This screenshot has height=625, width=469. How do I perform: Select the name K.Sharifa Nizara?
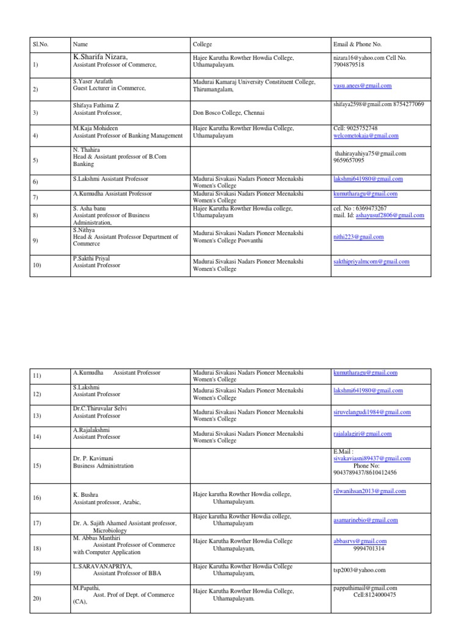[x=100, y=57]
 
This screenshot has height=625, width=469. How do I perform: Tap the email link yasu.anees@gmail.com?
[x=362, y=86]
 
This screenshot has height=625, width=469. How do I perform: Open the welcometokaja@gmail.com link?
[x=366, y=135]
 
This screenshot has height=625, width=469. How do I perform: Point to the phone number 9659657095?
[x=349, y=161]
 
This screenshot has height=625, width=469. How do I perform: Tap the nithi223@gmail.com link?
[x=358, y=237]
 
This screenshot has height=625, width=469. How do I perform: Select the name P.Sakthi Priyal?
[x=92, y=259]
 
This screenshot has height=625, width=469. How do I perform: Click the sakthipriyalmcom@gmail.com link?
[x=371, y=262]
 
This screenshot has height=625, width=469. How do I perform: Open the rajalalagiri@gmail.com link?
[x=362, y=434]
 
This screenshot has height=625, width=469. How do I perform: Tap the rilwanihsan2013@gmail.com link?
[x=369, y=491]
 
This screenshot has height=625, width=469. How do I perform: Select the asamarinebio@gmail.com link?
[x=365, y=520]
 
